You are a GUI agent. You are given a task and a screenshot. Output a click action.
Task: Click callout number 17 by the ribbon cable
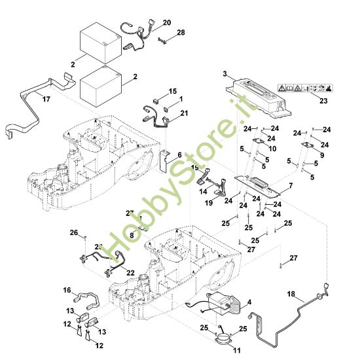coord(46,99)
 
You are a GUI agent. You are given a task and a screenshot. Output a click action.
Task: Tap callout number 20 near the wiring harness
coord(167,23)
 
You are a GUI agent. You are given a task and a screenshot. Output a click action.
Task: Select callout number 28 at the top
coord(181,33)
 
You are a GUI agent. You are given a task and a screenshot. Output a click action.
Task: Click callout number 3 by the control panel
coord(225,74)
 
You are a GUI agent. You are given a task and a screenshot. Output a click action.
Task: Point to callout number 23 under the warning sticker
coord(323,101)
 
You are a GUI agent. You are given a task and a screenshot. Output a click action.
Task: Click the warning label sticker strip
coord(305,88)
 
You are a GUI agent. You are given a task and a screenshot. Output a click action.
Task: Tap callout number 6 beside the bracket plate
coord(179,155)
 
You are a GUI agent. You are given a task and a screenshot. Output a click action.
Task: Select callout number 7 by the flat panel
coord(291,185)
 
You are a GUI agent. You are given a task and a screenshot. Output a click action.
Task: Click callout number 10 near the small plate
coord(272,149)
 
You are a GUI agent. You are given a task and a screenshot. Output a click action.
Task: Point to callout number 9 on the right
coord(322,155)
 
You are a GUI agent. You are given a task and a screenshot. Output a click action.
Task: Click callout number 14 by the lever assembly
coord(203,192)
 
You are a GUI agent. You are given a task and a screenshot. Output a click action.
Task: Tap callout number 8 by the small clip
coord(132,236)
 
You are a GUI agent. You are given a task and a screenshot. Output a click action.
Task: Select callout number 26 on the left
coord(74,232)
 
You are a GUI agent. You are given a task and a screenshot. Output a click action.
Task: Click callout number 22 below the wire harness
coord(130,273)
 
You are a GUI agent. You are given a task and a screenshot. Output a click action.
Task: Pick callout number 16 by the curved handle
coord(67,290)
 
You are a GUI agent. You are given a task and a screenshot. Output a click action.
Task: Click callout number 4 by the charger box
coord(249,302)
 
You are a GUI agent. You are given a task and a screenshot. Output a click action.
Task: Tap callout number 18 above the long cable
coord(291,294)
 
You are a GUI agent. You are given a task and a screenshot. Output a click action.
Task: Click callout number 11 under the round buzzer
coord(237,350)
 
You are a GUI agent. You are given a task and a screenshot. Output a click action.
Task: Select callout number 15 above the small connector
coord(173,91)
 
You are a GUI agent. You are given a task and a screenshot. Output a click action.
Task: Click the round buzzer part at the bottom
coord(223,338)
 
